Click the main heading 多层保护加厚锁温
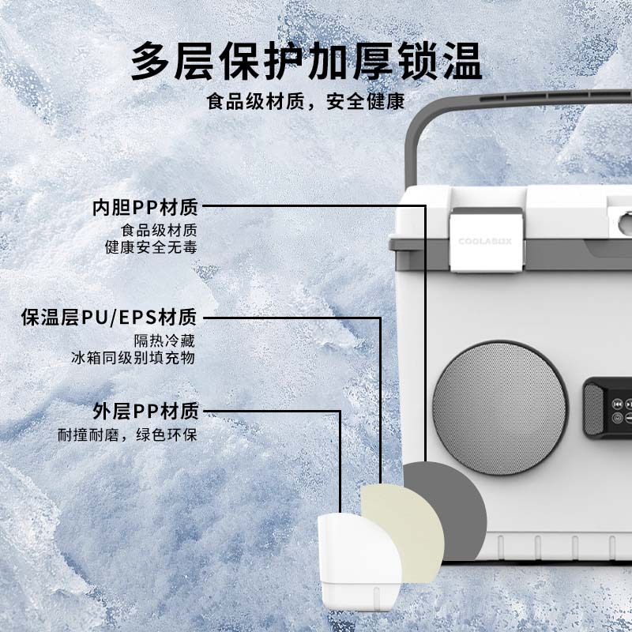(306, 61)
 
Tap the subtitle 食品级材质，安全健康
(306, 103)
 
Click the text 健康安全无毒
(151, 247)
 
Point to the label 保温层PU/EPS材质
(109, 318)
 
